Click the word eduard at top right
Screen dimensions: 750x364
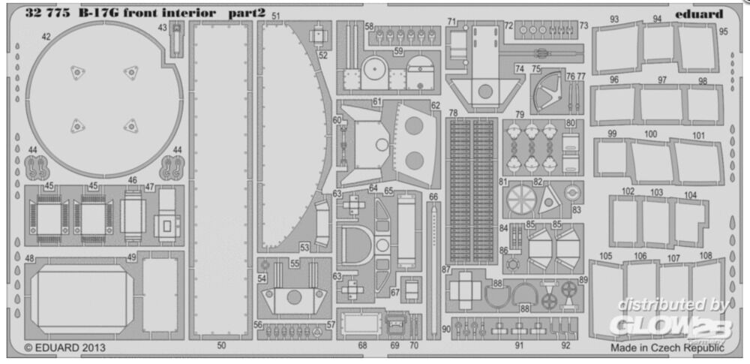point(699,14)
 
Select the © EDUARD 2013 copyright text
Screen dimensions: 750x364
point(64,347)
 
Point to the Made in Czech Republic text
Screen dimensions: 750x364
point(667,347)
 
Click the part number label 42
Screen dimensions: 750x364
point(46,36)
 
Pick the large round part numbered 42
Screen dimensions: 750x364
point(104,99)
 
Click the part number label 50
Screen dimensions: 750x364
point(221,344)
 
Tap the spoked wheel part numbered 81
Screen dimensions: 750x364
point(521,200)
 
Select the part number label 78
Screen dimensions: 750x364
point(454,113)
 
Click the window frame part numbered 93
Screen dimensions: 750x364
point(616,47)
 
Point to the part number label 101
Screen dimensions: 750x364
point(698,136)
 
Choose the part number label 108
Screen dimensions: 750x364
point(706,256)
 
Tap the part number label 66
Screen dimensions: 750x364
point(433,197)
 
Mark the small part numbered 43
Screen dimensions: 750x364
point(177,38)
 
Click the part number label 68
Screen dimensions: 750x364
point(362,344)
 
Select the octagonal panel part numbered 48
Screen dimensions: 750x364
point(82,299)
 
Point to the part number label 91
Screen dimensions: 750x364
point(520,344)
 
